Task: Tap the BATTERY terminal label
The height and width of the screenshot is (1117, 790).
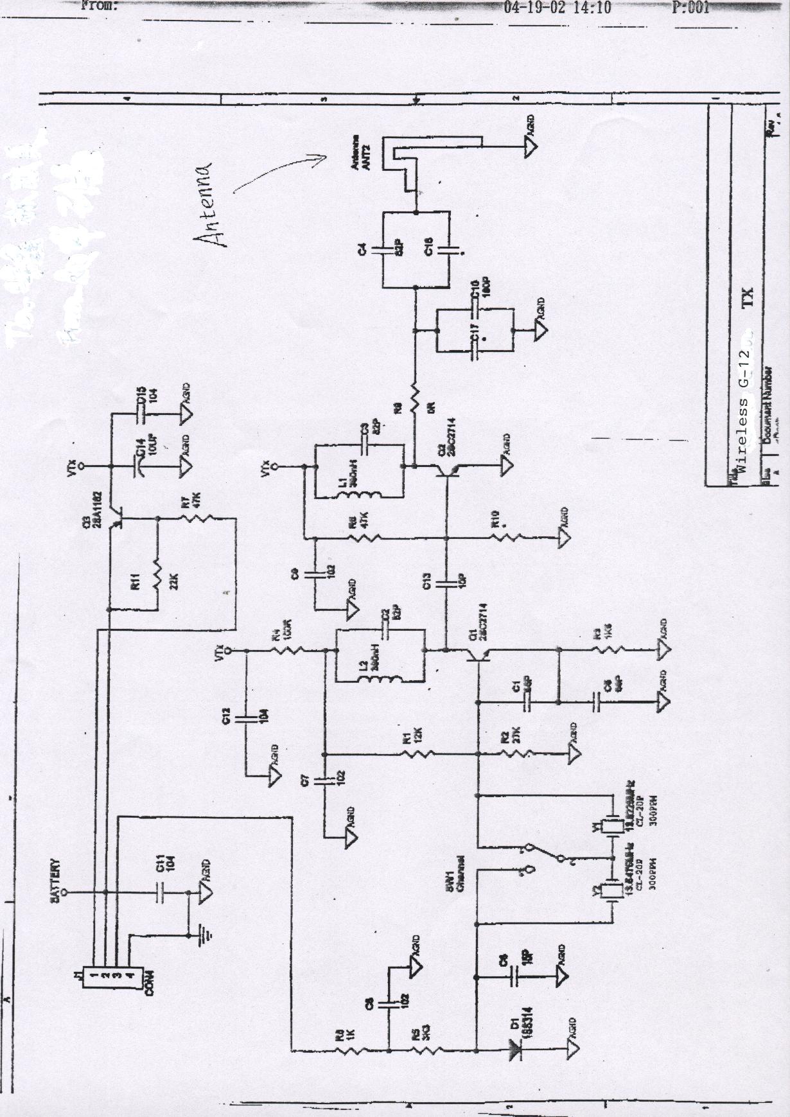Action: [55, 880]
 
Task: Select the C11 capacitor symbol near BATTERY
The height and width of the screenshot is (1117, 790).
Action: [159, 892]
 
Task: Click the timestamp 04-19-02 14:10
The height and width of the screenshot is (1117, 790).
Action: [557, 8]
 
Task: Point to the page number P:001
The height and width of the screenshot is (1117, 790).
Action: [690, 8]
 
